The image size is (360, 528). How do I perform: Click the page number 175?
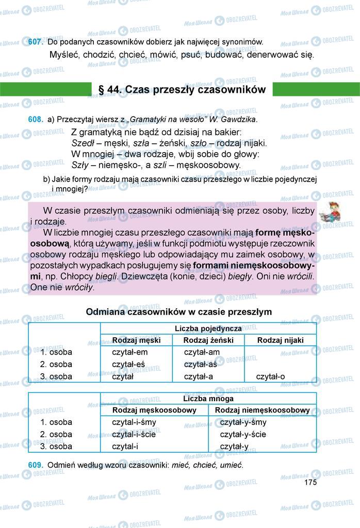[x=310, y=483]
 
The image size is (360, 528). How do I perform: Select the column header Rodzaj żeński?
[x=208, y=340]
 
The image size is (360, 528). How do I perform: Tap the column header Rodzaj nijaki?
[x=280, y=340]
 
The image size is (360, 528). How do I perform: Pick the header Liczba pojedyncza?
[x=208, y=328]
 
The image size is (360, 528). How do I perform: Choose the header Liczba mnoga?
[x=208, y=399]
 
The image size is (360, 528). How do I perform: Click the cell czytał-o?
[x=270, y=376]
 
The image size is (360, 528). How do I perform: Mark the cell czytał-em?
[x=130, y=352]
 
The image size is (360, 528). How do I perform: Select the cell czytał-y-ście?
[x=243, y=434]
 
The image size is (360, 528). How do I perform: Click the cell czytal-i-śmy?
[x=134, y=422]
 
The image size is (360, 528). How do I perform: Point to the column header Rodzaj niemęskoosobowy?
[x=262, y=410]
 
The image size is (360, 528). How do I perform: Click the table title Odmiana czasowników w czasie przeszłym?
[x=179, y=312]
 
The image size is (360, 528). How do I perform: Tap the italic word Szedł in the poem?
[x=82, y=143]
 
